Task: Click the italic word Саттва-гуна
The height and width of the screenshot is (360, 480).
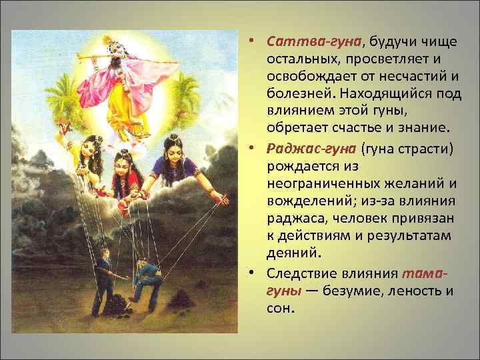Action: click(313, 41)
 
